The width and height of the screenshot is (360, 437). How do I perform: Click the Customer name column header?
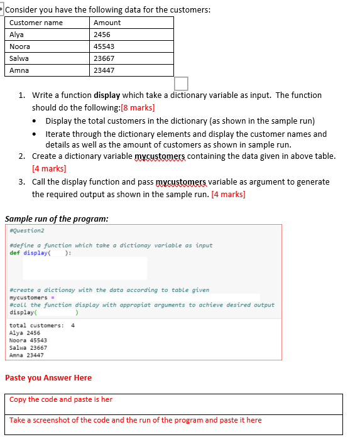point(36,23)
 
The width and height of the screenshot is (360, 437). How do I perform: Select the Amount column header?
point(107,23)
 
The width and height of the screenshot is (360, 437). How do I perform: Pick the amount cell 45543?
point(104,46)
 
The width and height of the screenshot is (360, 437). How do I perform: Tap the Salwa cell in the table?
point(19,58)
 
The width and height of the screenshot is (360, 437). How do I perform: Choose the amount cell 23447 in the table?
point(104,70)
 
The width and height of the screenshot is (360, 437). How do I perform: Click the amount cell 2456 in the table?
point(102,35)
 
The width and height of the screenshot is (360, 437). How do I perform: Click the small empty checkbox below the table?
point(181,83)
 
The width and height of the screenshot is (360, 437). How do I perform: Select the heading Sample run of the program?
point(57,219)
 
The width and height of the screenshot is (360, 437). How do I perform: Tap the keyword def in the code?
point(14,252)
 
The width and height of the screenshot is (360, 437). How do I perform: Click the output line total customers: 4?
point(42,325)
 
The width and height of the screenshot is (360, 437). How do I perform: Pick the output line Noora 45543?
point(28,340)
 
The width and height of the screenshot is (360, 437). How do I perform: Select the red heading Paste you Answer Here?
point(48,378)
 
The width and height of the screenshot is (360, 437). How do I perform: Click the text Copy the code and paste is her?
point(61,399)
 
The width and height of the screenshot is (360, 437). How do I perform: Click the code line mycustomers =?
point(30,297)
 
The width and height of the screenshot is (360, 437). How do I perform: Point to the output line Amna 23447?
point(27,355)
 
